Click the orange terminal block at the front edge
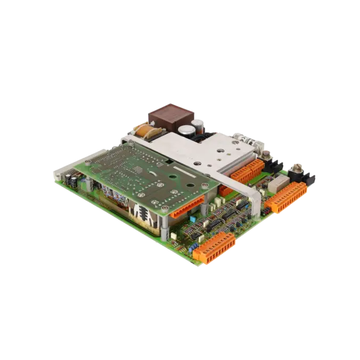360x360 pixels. point(215,248)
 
